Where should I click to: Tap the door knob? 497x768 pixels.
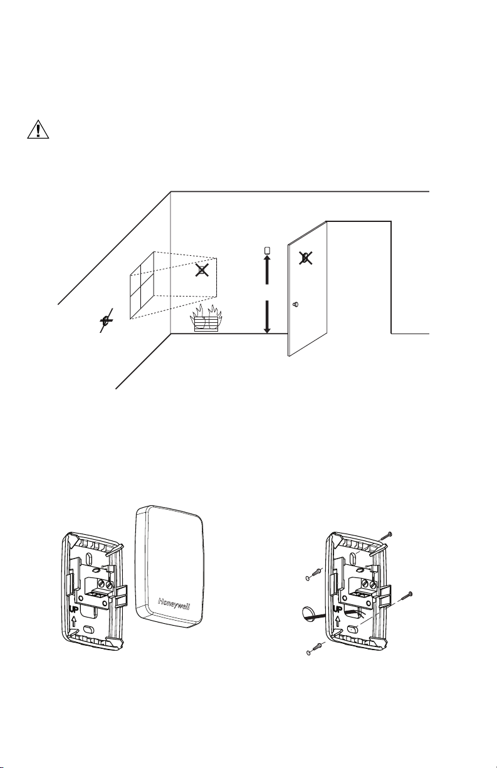tap(296, 304)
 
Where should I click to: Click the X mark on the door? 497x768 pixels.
tap(305, 257)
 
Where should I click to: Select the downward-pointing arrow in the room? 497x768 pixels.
tap(267, 317)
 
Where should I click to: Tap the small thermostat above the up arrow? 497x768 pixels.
tap(268, 251)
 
